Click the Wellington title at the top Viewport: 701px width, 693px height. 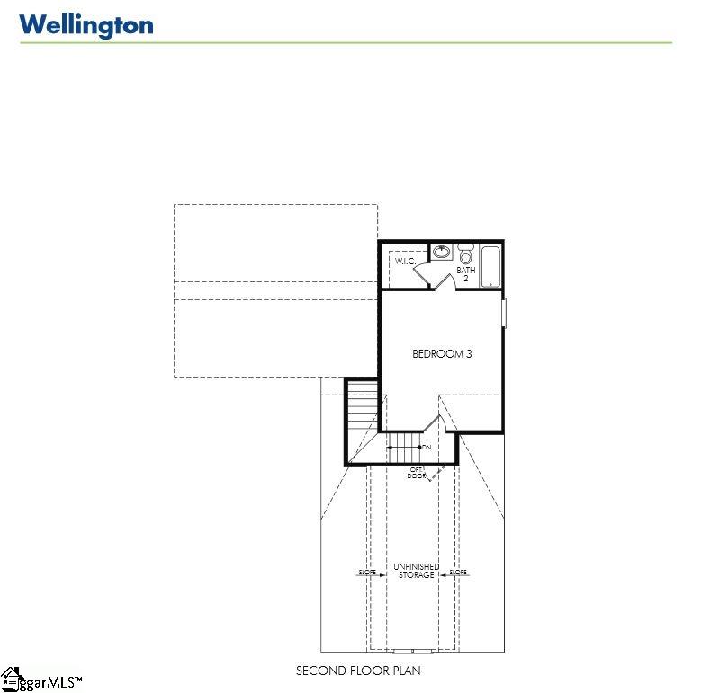click(86, 24)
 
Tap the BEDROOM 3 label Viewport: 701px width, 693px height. click(442, 354)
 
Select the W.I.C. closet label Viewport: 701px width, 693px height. click(404, 262)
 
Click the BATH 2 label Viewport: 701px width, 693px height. click(466, 274)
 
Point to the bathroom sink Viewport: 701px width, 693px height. click(441, 253)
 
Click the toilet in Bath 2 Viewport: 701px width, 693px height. click(465, 255)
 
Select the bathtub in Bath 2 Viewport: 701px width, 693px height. click(491, 265)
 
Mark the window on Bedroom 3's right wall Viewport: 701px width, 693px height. click(504, 312)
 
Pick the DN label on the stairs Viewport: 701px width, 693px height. click(427, 447)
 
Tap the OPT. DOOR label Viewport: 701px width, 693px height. click(417, 472)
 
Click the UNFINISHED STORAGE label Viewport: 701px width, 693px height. click(417, 571)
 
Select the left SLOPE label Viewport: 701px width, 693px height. click(367, 572)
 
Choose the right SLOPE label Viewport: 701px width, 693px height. click(458, 572)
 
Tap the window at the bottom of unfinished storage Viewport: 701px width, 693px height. click(413, 651)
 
